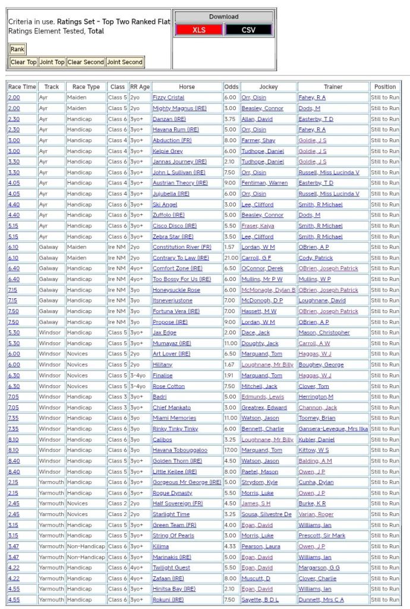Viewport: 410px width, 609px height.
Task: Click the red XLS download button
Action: point(199,30)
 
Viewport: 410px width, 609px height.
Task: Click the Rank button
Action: point(17,49)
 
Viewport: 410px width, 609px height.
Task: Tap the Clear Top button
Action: point(24,62)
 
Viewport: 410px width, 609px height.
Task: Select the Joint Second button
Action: point(125,62)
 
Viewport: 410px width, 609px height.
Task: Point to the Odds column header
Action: point(231,87)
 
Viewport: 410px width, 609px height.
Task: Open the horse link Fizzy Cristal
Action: point(169,98)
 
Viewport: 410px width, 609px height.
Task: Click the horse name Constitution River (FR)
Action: point(182,247)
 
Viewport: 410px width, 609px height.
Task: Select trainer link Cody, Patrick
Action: point(316,258)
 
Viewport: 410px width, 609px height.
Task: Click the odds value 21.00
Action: point(231,258)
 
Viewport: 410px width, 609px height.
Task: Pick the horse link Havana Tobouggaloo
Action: point(180,450)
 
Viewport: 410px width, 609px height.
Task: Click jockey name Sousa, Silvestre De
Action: point(267,514)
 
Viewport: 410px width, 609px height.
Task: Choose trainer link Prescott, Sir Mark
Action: point(321,536)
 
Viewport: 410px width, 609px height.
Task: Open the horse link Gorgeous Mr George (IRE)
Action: point(187,482)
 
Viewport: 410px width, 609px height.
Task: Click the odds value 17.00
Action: point(231,450)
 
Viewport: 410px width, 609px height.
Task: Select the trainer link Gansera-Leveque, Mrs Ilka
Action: point(333,429)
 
